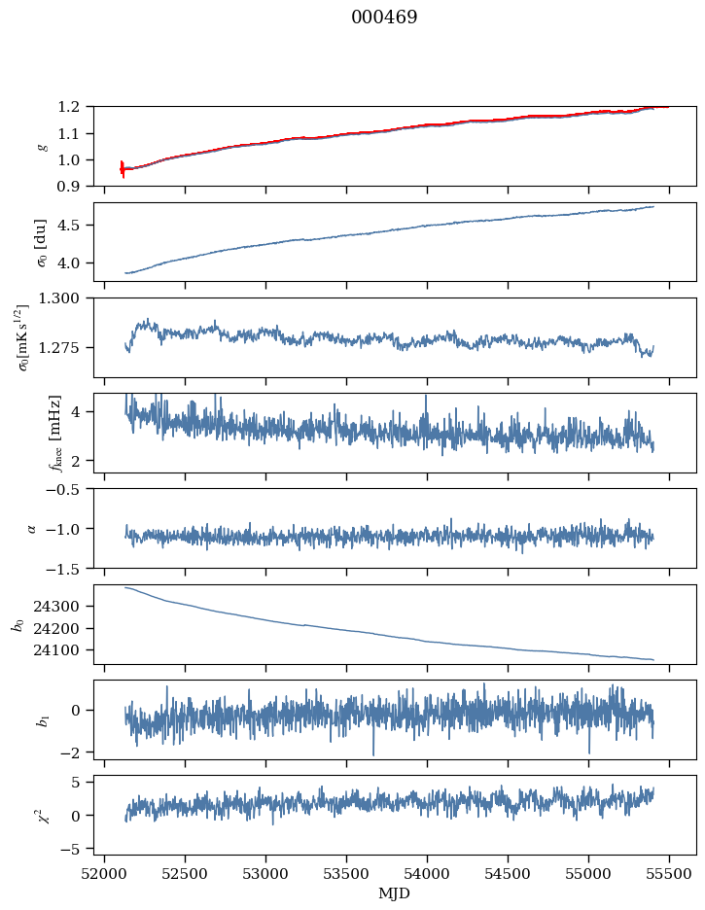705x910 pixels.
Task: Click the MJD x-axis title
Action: point(395,893)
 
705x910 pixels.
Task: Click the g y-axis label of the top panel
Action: point(42,146)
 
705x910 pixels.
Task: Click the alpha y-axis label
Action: point(32,528)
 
